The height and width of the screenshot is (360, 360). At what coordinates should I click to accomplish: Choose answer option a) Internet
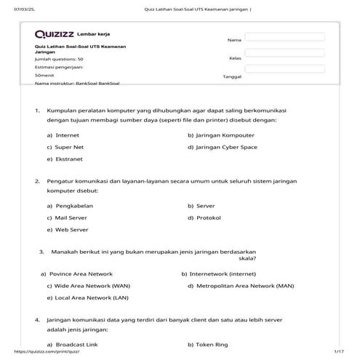click(63, 135)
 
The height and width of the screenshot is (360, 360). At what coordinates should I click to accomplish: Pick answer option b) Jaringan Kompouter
click(221, 135)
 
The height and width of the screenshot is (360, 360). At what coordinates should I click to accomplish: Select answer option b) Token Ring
click(208, 344)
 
